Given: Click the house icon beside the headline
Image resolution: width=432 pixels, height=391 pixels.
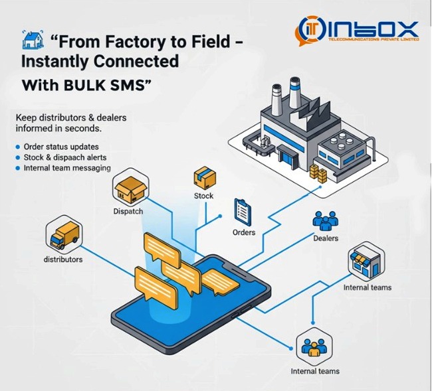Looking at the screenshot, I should coord(30,40).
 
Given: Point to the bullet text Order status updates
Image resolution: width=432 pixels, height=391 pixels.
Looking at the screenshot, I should coord(60,146).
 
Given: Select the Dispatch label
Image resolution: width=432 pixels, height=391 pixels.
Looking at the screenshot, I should coord(128,211).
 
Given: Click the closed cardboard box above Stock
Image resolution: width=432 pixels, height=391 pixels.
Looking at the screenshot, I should coord(203,177).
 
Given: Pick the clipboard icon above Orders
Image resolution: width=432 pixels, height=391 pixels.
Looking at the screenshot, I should coord(242,211).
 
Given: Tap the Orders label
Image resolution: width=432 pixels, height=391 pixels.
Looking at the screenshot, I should coord(243,232).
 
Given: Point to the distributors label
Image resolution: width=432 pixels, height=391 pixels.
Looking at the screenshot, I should coord(63,260).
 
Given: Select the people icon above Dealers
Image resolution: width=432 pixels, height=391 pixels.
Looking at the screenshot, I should coord(325,221).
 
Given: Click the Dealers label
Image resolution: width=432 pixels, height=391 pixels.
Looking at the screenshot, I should coord(326,238).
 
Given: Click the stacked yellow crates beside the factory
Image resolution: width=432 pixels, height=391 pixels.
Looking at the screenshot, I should coord(318,174).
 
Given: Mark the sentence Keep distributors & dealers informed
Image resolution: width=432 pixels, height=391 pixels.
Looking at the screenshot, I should coord(71,123).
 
